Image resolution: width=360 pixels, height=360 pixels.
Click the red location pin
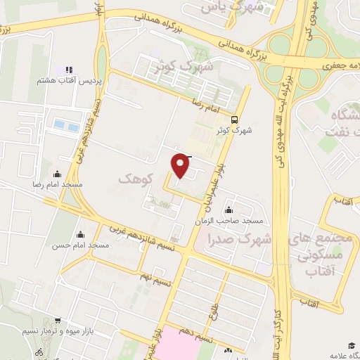pos(181,165)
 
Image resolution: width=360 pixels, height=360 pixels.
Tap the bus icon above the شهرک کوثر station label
pos(234,119)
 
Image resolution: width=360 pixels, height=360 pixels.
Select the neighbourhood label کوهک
pos(136,180)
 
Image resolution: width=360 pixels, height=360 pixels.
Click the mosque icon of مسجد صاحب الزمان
pos(229,210)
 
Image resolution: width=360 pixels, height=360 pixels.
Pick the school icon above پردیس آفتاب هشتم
pos(69,70)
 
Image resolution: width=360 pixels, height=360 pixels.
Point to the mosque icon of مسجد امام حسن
pos(81,235)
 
